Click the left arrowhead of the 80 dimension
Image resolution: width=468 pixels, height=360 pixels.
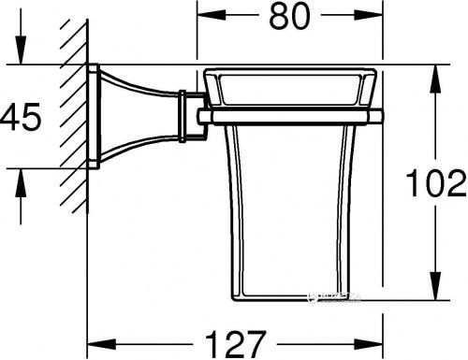[x=203, y=18]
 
